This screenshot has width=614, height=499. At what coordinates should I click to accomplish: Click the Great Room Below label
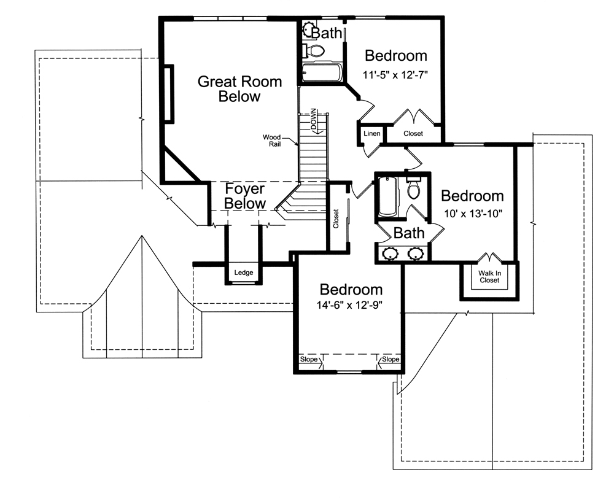click(239, 89)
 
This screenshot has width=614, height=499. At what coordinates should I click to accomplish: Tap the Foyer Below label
click(245, 196)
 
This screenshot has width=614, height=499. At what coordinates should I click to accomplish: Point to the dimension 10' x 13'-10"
click(472, 215)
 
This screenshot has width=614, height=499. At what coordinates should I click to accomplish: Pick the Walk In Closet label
click(489, 277)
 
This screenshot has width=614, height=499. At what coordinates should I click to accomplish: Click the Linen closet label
click(371, 134)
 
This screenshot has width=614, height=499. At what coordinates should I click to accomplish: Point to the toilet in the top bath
click(315, 50)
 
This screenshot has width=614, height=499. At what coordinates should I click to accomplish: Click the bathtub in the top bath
click(321, 73)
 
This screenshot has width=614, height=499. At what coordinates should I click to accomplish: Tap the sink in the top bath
click(308, 29)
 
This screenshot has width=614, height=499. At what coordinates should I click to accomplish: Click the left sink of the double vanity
click(389, 253)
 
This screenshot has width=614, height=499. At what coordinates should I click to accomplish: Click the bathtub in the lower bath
click(387, 197)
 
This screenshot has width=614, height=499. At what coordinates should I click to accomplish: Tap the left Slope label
click(308, 360)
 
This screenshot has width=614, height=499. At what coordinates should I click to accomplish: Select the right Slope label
click(391, 360)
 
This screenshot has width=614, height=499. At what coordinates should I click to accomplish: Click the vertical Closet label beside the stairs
click(336, 219)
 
